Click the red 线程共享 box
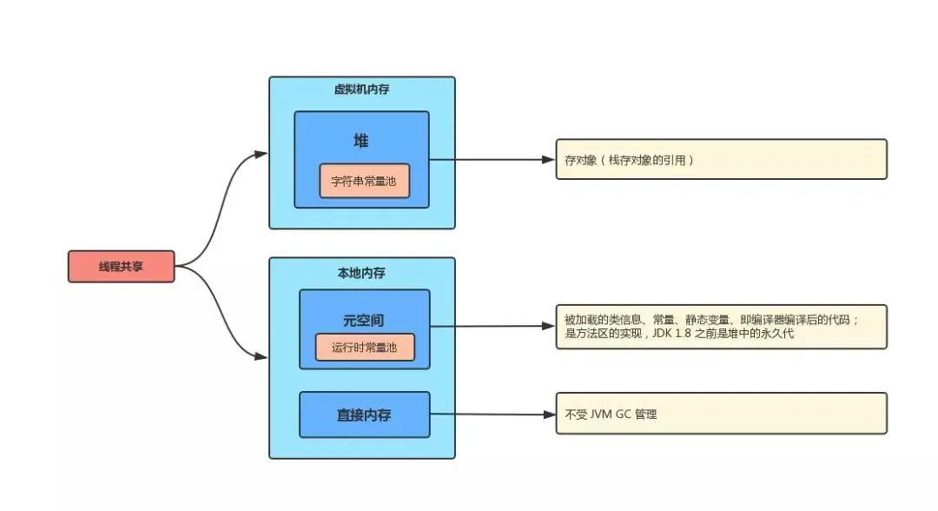coord(122,267)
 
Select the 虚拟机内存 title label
coord(361,90)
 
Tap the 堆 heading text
coord(360,141)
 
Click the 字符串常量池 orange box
coord(364,182)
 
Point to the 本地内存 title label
coord(361,273)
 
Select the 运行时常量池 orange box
coord(364,348)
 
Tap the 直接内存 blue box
coord(364,415)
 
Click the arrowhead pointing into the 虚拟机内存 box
coord(261,154)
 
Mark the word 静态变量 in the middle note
coord(697,320)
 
